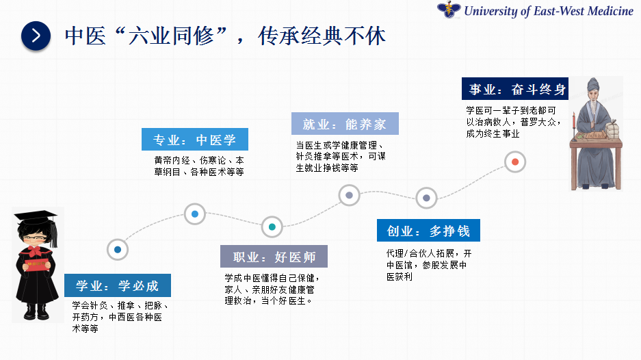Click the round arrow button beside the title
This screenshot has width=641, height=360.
(x=36, y=36)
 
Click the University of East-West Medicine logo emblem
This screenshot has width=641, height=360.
(x=449, y=10)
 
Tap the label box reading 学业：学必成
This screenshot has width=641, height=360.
(x=118, y=285)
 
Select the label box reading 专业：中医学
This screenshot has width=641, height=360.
(x=195, y=140)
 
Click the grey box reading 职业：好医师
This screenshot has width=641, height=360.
(x=274, y=257)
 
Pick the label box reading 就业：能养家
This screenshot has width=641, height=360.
(x=345, y=124)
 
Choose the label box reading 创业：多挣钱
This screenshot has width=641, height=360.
(x=428, y=231)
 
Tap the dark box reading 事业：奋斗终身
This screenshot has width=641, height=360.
(x=515, y=89)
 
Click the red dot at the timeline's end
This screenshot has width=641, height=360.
(x=515, y=162)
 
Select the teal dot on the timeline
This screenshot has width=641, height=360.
(x=272, y=227)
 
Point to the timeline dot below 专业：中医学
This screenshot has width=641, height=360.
(x=195, y=214)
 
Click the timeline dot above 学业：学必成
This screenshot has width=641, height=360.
(x=118, y=250)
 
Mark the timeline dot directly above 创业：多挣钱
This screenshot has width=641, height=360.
(x=426, y=198)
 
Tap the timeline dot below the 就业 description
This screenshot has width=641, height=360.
(x=349, y=195)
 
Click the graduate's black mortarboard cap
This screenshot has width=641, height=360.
(x=36, y=217)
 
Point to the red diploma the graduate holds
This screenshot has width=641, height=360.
(x=36, y=264)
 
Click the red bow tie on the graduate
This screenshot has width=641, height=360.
(x=36, y=250)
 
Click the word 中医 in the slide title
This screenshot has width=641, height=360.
(x=86, y=36)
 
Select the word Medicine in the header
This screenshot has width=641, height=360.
(x=610, y=11)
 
